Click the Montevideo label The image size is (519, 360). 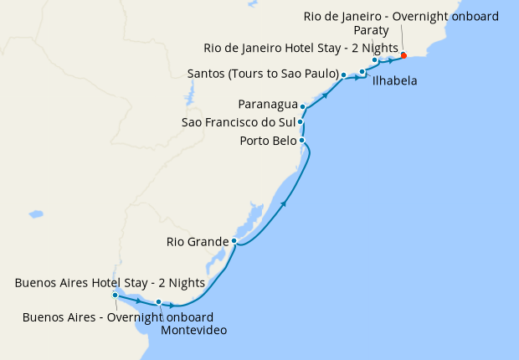coord(194,331)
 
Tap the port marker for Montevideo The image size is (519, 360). coord(158,302)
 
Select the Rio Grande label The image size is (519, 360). coord(197,242)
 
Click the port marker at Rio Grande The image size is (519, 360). coord(235,241)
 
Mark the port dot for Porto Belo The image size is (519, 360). coord(301,140)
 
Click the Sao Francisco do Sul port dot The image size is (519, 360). coord(300,122)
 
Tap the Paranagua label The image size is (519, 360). coord(267,105)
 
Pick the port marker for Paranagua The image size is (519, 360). coord(303,107)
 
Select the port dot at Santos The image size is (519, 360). coord(344,75)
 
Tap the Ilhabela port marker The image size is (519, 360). coord(362,72)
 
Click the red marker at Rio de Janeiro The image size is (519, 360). coord(403,55)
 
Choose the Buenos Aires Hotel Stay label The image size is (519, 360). coord(110,283)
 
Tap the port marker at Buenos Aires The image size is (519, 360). coord(115,295)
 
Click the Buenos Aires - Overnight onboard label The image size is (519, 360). coord(118,317)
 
